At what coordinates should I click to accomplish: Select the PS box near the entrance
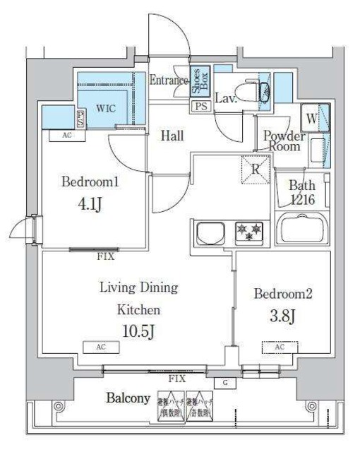201,107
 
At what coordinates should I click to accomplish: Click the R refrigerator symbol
256,169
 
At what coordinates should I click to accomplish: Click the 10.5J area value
138,330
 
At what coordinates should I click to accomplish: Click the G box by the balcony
225,382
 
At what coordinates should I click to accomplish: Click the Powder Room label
284,141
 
